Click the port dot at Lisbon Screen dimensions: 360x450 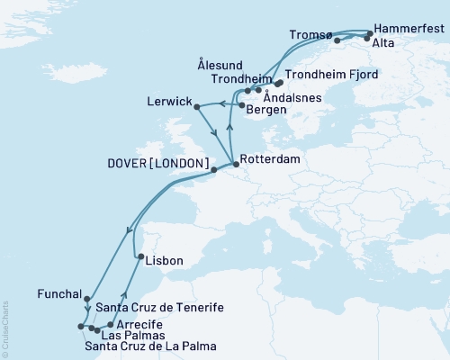point(140,259)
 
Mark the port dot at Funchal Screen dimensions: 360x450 point(86,299)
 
